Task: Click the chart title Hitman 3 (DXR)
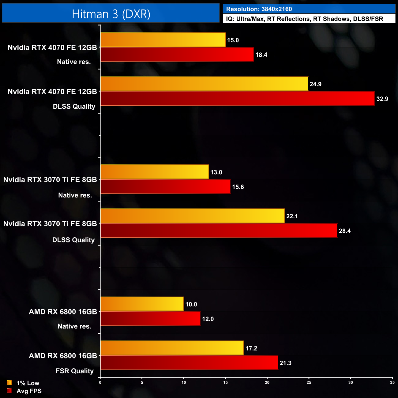111,14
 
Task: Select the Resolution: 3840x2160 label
259,9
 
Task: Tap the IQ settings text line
304,19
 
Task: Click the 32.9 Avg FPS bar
238,99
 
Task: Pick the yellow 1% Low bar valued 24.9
204,84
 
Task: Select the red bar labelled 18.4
177,54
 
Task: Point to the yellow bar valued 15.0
163,40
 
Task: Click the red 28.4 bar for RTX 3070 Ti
219,231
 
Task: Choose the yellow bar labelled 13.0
155,172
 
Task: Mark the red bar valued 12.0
150,319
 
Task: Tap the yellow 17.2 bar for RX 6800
172,348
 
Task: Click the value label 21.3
285,363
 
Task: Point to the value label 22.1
292,216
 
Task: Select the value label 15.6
238,187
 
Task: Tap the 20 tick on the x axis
267,382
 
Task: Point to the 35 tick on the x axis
392,382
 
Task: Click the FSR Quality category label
75,371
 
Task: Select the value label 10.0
191,304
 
